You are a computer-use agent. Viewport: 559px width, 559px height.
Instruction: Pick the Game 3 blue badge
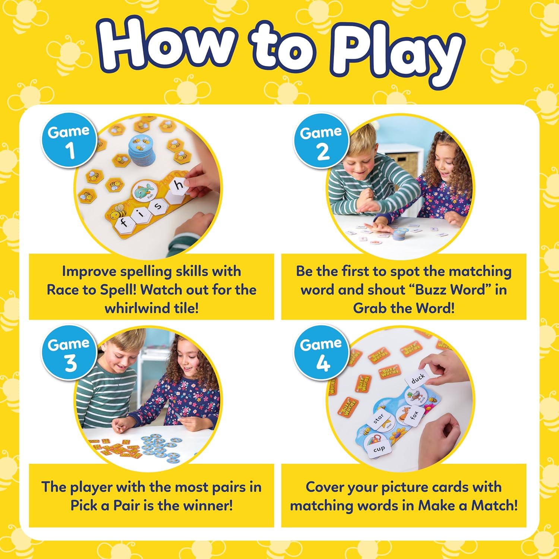click(x=69, y=353)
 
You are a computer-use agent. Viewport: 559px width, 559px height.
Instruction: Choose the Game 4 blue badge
click(x=321, y=353)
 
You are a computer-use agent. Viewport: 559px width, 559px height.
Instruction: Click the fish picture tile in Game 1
click(x=145, y=190)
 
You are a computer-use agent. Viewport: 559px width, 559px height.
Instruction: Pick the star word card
click(x=378, y=419)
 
